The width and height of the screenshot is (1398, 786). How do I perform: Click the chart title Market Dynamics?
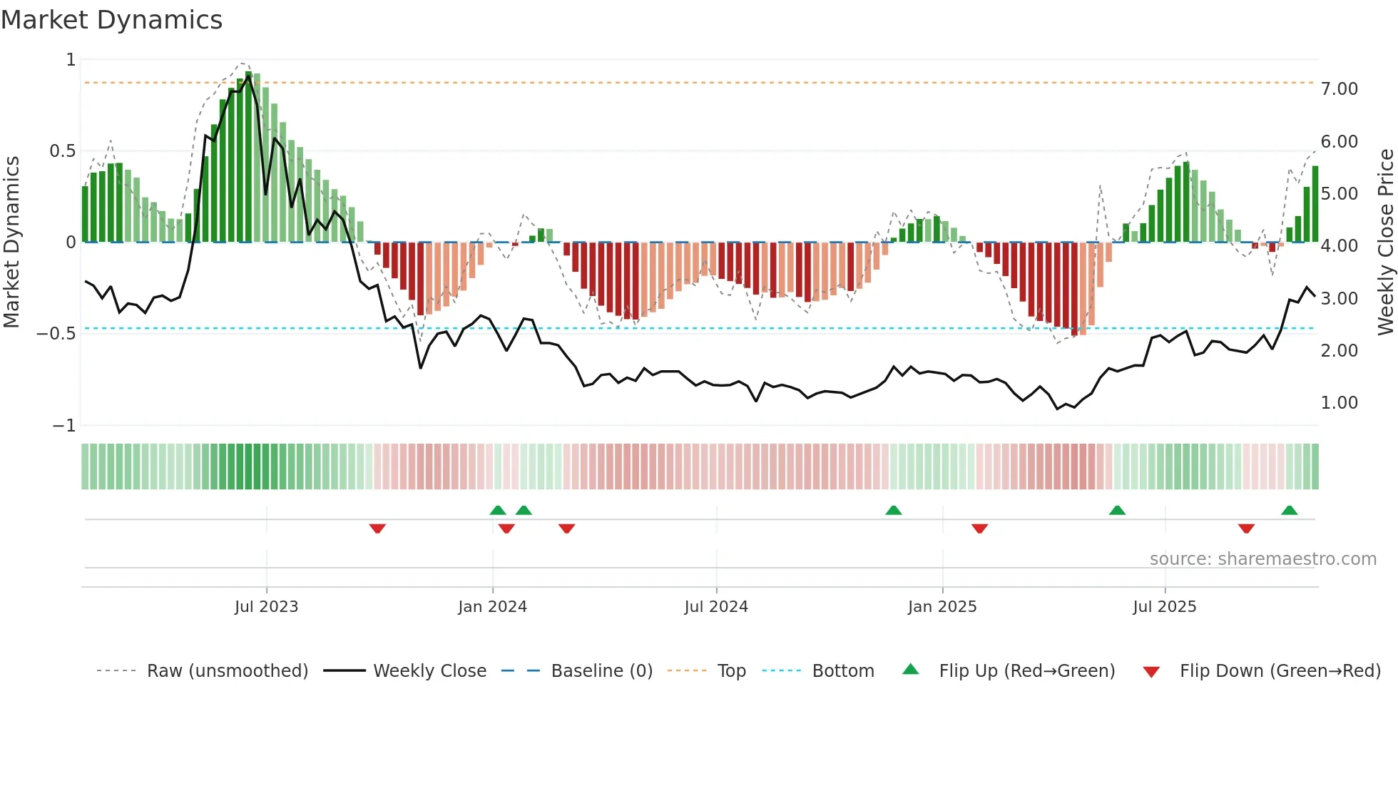(111, 20)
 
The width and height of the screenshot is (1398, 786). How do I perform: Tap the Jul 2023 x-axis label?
(266, 607)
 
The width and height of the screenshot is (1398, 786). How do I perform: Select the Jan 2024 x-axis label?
(492, 607)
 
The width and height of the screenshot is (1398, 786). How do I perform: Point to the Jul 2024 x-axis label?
(716, 607)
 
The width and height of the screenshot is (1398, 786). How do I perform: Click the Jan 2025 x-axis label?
(942, 607)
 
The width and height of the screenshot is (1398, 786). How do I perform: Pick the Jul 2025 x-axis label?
(1165, 607)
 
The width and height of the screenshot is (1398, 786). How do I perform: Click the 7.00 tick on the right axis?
(1339, 89)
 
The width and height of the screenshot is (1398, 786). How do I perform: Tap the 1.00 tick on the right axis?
(1339, 403)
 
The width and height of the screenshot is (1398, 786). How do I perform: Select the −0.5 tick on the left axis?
(56, 334)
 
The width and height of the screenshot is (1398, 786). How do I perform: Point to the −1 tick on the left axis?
(63, 426)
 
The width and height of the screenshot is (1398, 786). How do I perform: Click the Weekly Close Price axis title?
(1385, 242)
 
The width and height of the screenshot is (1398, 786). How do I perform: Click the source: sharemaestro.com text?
(1262, 559)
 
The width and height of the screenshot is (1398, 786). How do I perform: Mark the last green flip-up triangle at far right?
(1289, 511)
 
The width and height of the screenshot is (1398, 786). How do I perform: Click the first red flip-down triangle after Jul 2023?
(377, 529)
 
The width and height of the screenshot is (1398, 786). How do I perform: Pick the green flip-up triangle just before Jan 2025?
(893, 511)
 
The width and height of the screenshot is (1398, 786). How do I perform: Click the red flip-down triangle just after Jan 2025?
(979, 529)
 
